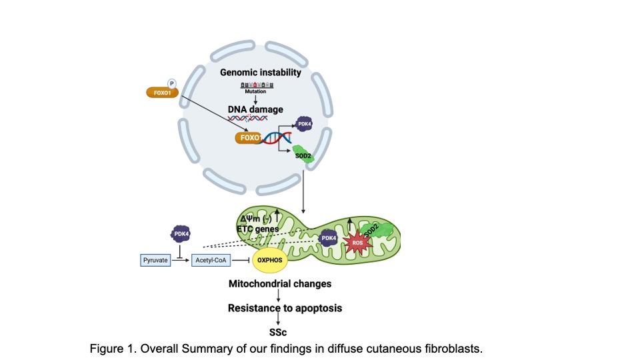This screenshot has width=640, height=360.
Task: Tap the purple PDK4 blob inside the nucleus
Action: click(x=305, y=124)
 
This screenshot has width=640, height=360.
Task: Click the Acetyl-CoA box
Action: click(x=211, y=259)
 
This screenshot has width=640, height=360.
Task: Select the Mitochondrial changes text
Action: click(x=280, y=284)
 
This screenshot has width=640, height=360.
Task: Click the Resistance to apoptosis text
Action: click(x=280, y=308)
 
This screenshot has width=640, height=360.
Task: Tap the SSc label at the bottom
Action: click(x=280, y=331)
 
